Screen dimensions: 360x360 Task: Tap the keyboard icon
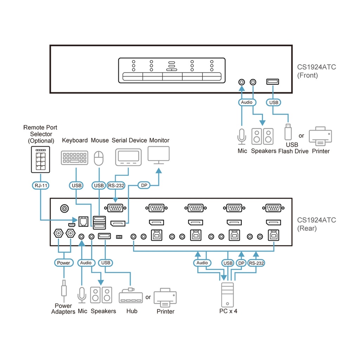[x=75, y=158]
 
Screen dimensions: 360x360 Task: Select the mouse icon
[x=99, y=158]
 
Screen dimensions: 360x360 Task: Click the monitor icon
[x=159, y=155]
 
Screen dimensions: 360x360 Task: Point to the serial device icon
[x=128, y=157]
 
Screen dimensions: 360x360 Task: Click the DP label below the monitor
[x=143, y=185]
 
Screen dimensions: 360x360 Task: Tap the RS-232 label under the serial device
[x=116, y=185]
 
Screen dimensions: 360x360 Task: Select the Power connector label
[x=64, y=263]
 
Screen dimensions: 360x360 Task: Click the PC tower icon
[x=227, y=294]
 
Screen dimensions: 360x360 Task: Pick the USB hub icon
[x=131, y=296]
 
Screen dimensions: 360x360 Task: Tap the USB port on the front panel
[x=273, y=82]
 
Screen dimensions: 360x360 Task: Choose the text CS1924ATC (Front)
[x=316, y=71]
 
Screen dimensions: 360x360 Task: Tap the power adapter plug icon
[x=64, y=290]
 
